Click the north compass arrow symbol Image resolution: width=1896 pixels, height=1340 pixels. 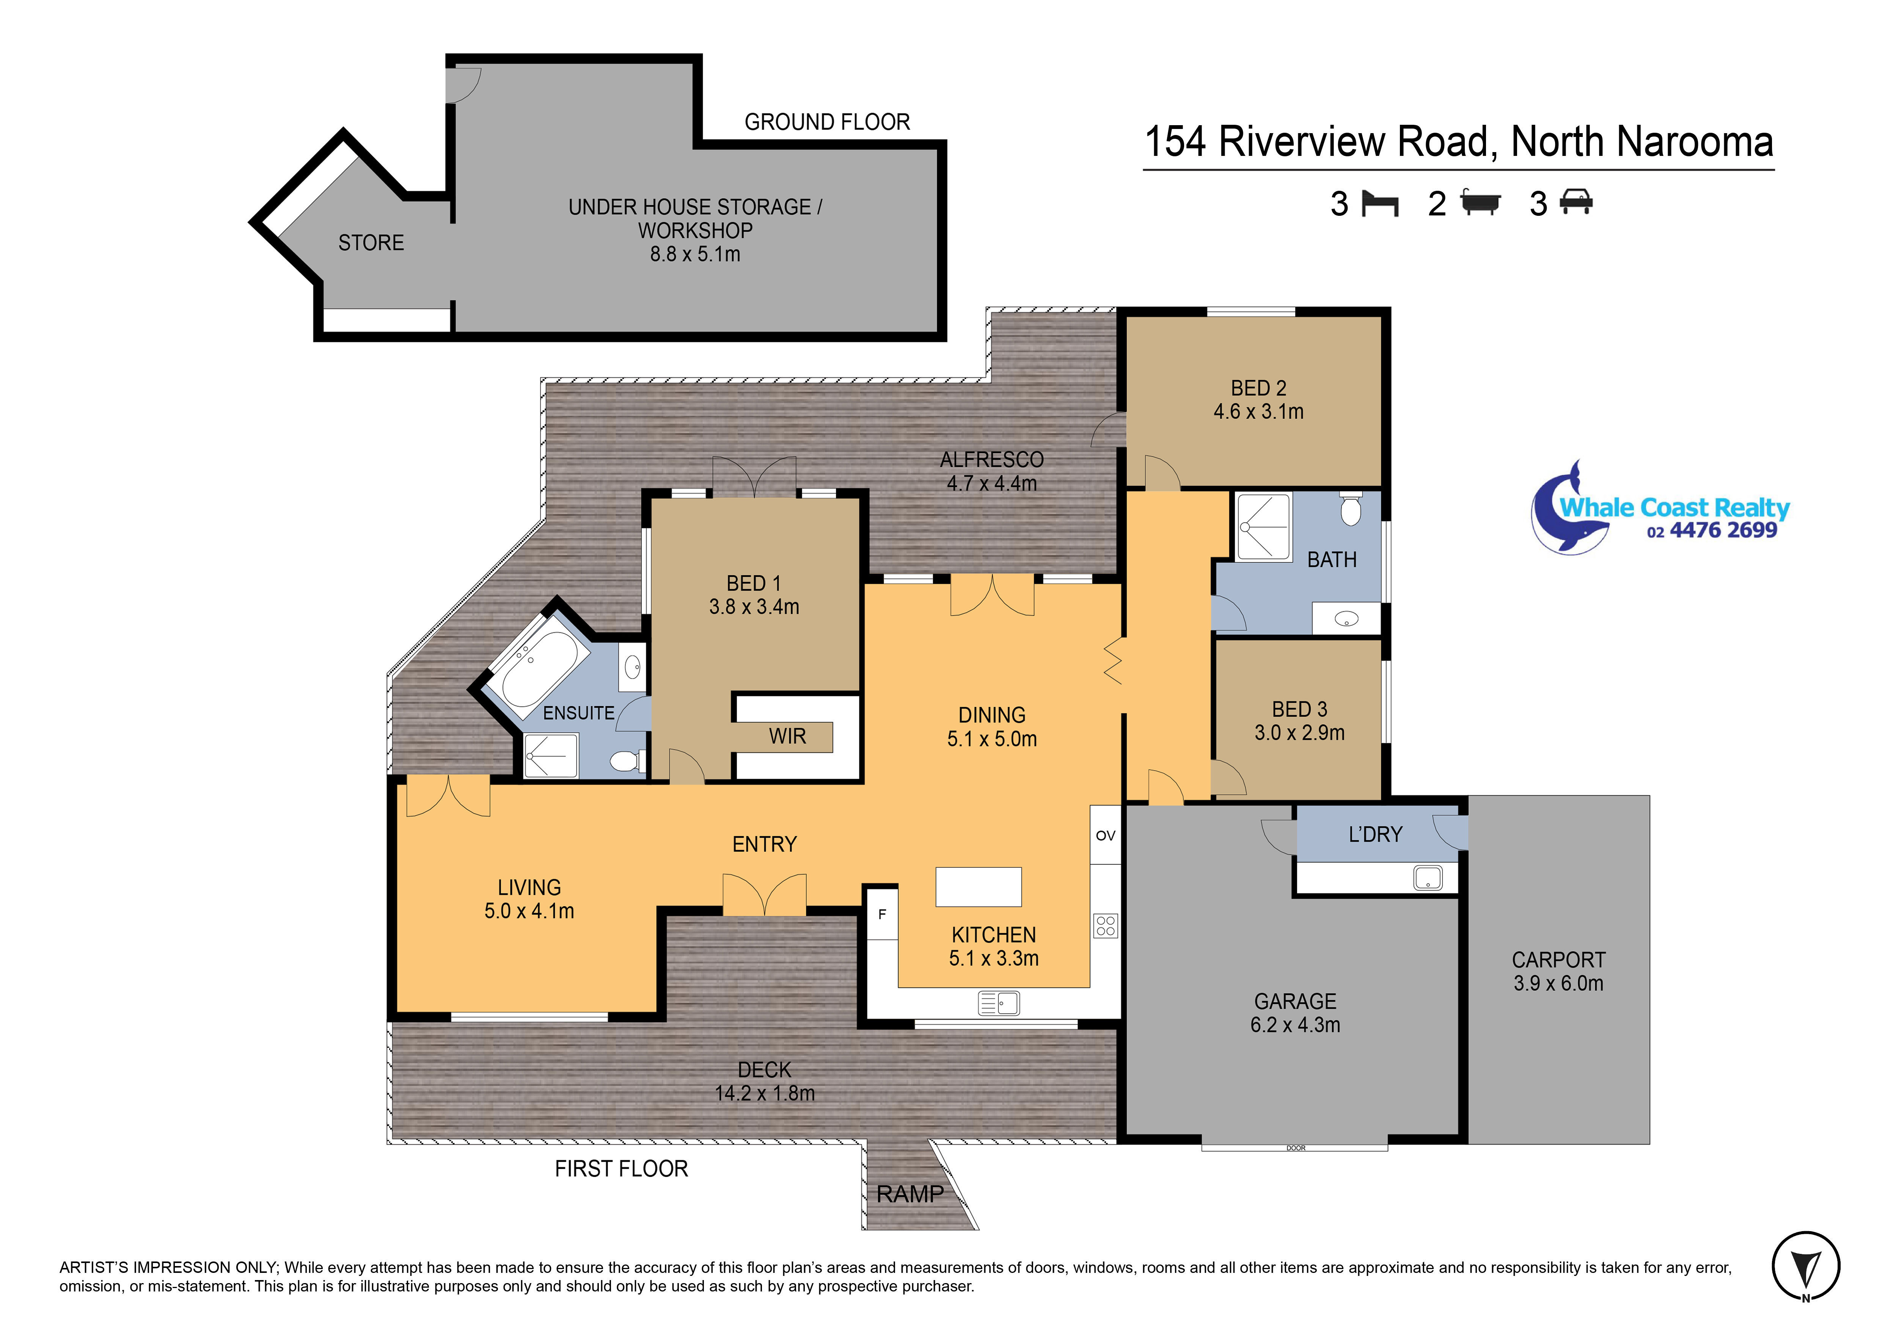click(x=1806, y=1267)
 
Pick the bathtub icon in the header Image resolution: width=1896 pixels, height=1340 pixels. click(x=1480, y=202)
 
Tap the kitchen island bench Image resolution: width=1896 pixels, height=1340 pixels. click(x=979, y=887)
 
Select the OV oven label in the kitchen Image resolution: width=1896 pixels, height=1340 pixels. click(x=1106, y=836)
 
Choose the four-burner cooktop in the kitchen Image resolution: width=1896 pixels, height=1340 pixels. click(x=1106, y=925)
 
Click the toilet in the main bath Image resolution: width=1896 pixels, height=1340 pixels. click(x=1351, y=509)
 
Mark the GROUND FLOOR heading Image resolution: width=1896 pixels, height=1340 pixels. click(x=828, y=122)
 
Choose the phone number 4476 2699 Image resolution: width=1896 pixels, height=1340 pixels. click(x=1723, y=530)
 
